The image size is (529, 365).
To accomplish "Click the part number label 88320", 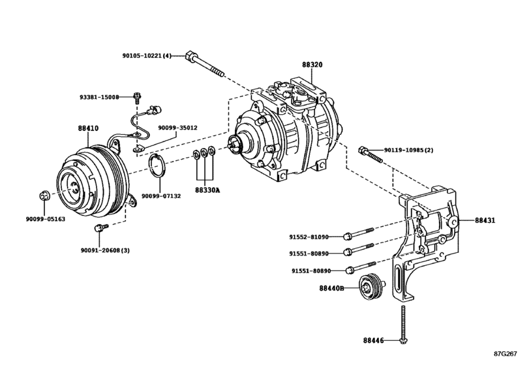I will pyautogui.click(x=312, y=66).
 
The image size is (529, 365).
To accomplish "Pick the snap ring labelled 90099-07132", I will pyautogui.click(x=156, y=166).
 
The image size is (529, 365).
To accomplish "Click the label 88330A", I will pyautogui.click(x=207, y=190).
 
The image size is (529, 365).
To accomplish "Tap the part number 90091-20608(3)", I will pyautogui.click(x=105, y=250).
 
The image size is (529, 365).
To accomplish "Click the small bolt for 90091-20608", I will pyautogui.click(x=100, y=227).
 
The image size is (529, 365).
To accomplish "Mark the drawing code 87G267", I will pyautogui.click(x=505, y=356).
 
